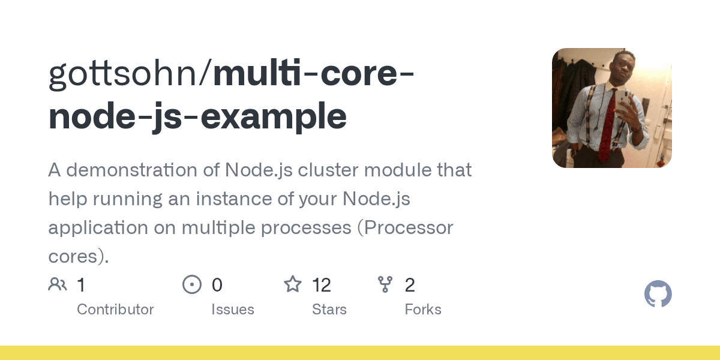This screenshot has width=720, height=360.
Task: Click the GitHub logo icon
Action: (x=658, y=294)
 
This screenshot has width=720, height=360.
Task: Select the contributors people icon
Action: (x=58, y=284)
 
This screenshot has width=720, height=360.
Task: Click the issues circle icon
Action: (x=192, y=284)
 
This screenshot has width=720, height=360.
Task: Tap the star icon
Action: (x=293, y=284)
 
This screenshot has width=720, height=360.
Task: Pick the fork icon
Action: (x=385, y=284)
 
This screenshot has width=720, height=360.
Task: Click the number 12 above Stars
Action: (x=322, y=285)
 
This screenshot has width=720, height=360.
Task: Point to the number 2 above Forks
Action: (x=410, y=285)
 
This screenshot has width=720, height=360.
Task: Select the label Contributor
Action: (x=115, y=310)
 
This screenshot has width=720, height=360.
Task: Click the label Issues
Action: (x=233, y=310)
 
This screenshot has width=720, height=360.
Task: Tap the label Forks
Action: (x=423, y=310)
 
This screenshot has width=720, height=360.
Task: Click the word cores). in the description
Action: (x=79, y=256)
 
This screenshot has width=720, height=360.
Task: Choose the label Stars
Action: (x=329, y=310)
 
